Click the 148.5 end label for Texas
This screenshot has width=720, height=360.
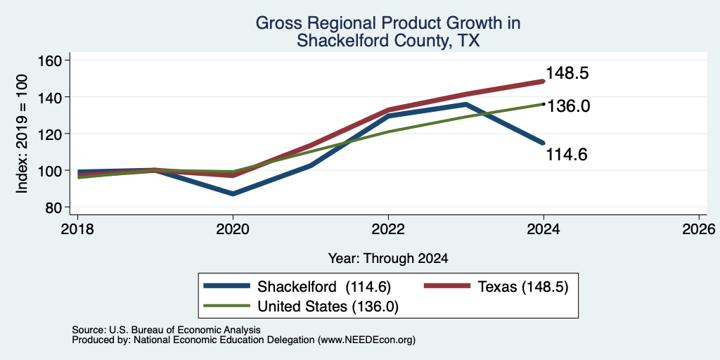coord(567,73)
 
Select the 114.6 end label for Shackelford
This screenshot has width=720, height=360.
coord(567,155)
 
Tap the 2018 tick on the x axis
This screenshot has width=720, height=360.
coord(77,229)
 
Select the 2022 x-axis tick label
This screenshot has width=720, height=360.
coord(388,229)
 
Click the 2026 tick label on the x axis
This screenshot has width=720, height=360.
coord(700,229)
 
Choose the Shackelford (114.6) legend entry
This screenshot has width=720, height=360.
coord(297,287)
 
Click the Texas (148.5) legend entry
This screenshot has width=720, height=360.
coord(496,287)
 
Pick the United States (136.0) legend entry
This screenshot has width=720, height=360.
coord(301,307)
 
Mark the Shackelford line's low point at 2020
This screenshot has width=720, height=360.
coord(233,194)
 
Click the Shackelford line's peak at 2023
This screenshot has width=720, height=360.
coord(465,104)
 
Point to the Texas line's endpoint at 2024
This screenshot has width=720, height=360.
coord(544,82)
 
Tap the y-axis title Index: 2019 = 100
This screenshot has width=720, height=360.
coord(22,134)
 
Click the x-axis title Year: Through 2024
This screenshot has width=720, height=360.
coord(388,259)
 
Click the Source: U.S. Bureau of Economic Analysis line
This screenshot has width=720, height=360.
coord(166,330)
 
